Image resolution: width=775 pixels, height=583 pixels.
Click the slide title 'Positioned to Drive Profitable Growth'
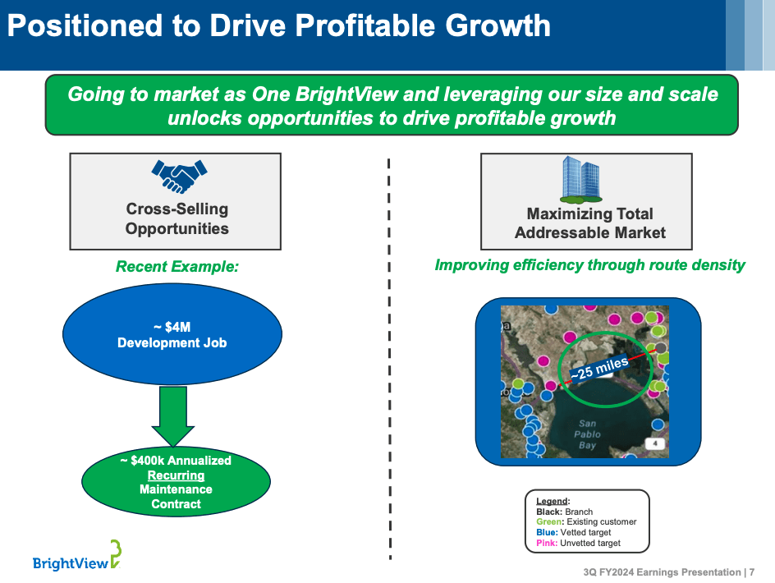[x=279, y=26]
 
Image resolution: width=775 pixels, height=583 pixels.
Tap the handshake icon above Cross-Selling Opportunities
[x=177, y=177]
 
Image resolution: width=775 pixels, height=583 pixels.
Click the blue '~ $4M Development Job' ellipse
[x=172, y=334]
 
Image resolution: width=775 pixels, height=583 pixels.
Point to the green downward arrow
[x=172, y=417]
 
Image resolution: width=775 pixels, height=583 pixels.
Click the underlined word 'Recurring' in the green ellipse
[x=176, y=475]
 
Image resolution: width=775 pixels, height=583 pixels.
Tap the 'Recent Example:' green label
[x=177, y=266]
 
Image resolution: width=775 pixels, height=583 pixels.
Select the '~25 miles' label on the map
[x=599, y=367]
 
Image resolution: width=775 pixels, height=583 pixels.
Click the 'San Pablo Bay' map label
[x=588, y=434]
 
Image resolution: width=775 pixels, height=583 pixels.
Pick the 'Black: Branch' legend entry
[x=564, y=512]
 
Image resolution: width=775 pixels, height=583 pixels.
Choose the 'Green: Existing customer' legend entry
[x=585, y=522]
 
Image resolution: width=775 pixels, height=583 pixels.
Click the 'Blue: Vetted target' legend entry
[x=574, y=533]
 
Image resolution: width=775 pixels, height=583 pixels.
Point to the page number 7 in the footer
[x=751, y=572]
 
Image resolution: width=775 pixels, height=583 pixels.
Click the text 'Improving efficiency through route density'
[x=589, y=265]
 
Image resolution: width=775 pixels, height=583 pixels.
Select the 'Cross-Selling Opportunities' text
[x=177, y=218]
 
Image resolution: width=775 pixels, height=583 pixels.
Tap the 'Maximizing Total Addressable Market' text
[x=589, y=223]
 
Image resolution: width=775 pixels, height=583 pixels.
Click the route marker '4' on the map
[x=654, y=444]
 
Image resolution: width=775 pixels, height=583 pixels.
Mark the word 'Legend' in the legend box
[x=551, y=501]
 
